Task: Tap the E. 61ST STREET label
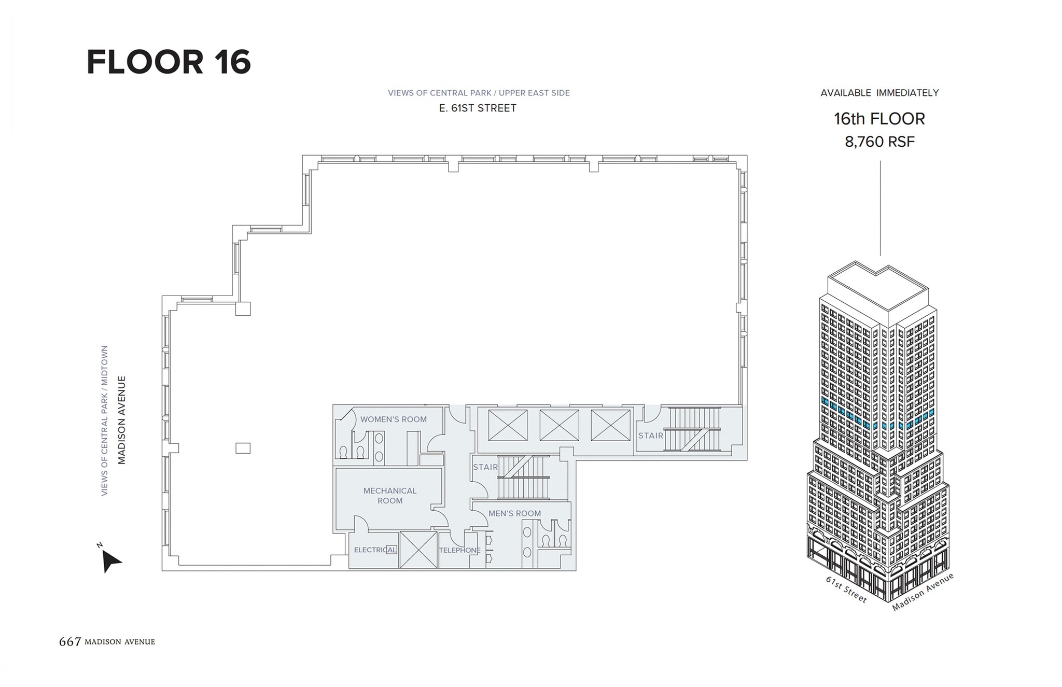(478, 108)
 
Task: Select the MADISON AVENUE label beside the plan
(122, 420)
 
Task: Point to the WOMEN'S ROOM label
(393, 419)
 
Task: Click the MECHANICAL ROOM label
(390, 496)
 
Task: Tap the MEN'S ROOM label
(514, 513)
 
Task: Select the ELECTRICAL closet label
(375, 550)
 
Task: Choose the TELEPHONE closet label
(459, 550)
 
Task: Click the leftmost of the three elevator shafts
(507, 425)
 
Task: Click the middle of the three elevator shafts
(559, 425)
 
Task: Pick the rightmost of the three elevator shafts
(610, 425)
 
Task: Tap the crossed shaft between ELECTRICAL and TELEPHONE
(418, 550)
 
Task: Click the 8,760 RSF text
(879, 142)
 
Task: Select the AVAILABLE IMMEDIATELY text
(879, 93)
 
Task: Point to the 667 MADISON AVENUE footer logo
(107, 642)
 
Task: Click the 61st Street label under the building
(846, 590)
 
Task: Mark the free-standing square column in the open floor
(243, 448)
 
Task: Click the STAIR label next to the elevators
(650, 436)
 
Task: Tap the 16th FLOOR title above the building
(879, 119)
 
